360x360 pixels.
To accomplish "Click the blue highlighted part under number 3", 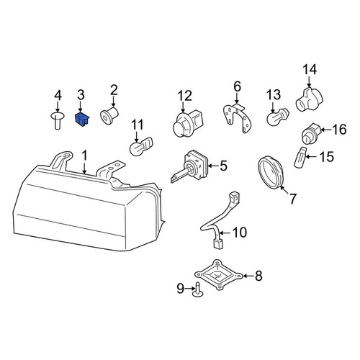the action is (82, 120).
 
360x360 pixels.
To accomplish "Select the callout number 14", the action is (310, 70).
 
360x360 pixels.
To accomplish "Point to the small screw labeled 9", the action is (198, 290).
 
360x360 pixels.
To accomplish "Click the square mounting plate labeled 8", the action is (218, 275).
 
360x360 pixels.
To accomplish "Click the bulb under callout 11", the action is (141, 146).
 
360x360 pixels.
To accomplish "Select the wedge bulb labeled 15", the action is (300, 158).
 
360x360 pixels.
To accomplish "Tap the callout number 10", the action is (240, 232).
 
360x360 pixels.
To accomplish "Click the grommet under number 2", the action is (109, 115).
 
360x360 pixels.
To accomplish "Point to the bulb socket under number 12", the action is (189, 124).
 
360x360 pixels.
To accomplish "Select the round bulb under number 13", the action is (277, 117).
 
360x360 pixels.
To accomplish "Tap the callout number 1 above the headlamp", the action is (84, 156).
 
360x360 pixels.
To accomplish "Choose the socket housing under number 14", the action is (309, 99).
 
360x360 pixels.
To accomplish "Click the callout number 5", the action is (224, 166).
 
